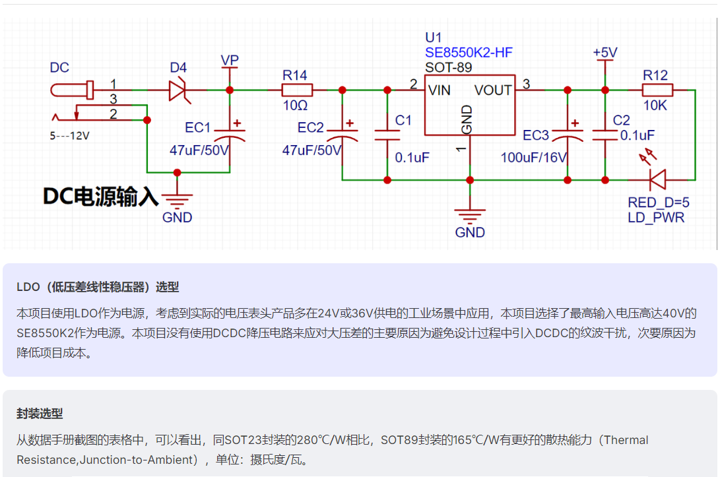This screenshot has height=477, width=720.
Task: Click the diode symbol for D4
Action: click(x=180, y=90)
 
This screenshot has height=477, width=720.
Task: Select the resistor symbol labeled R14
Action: click(x=297, y=90)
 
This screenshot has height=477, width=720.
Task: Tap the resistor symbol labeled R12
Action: click(x=657, y=90)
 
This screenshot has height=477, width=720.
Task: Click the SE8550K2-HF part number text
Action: click(x=469, y=52)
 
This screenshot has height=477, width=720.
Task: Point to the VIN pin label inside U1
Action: click(x=440, y=90)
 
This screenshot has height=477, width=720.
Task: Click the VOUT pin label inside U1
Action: click(x=493, y=90)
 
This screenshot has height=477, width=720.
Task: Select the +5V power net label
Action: click(x=605, y=53)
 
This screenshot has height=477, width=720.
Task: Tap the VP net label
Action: click(x=230, y=60)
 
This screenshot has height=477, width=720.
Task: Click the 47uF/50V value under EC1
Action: click(x=199, y=150)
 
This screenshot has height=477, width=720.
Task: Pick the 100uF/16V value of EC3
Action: click(x=534, y=158)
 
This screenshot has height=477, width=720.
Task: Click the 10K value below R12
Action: click(x=655, y=106)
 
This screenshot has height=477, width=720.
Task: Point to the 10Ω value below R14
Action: click(x=295, y=106)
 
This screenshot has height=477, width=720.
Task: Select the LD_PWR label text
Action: click(x=656, y=218)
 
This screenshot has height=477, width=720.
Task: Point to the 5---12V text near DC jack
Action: click(x=70, y=136)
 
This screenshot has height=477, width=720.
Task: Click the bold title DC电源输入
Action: click(x=100, y=197)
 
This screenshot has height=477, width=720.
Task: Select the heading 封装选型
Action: click(x=40, y=414)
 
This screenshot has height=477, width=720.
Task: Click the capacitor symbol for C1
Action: click(x=387, y=135)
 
